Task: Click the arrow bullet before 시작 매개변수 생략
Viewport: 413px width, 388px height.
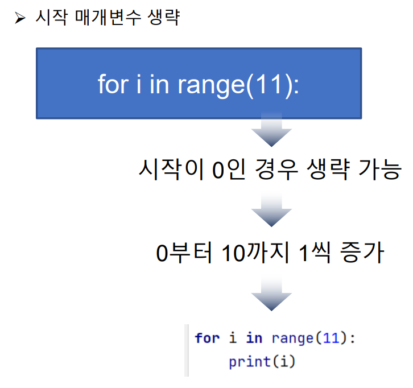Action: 20,18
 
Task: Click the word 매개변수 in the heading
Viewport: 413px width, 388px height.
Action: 108,18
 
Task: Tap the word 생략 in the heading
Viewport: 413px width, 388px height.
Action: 164,18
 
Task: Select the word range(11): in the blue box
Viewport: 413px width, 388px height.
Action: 238,85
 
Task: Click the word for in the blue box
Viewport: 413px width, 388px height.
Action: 113,84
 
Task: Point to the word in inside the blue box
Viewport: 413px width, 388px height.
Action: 159,84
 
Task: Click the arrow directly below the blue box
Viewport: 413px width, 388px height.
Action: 271,129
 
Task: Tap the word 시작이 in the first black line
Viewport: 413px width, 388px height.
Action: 171,170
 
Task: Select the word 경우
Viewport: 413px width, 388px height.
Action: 276,170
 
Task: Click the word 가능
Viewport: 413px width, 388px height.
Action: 380,170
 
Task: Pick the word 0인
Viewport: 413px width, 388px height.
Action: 229,170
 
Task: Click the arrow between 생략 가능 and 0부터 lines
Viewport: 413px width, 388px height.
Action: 271,209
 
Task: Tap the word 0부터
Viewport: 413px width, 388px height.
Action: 184,253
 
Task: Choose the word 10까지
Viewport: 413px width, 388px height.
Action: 255,253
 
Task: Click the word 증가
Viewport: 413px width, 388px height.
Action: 362,253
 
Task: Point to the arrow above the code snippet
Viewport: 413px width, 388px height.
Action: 271,294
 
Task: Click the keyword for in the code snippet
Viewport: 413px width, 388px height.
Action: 207,338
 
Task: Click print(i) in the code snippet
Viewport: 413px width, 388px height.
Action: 262,362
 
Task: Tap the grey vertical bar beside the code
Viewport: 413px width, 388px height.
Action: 187,350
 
